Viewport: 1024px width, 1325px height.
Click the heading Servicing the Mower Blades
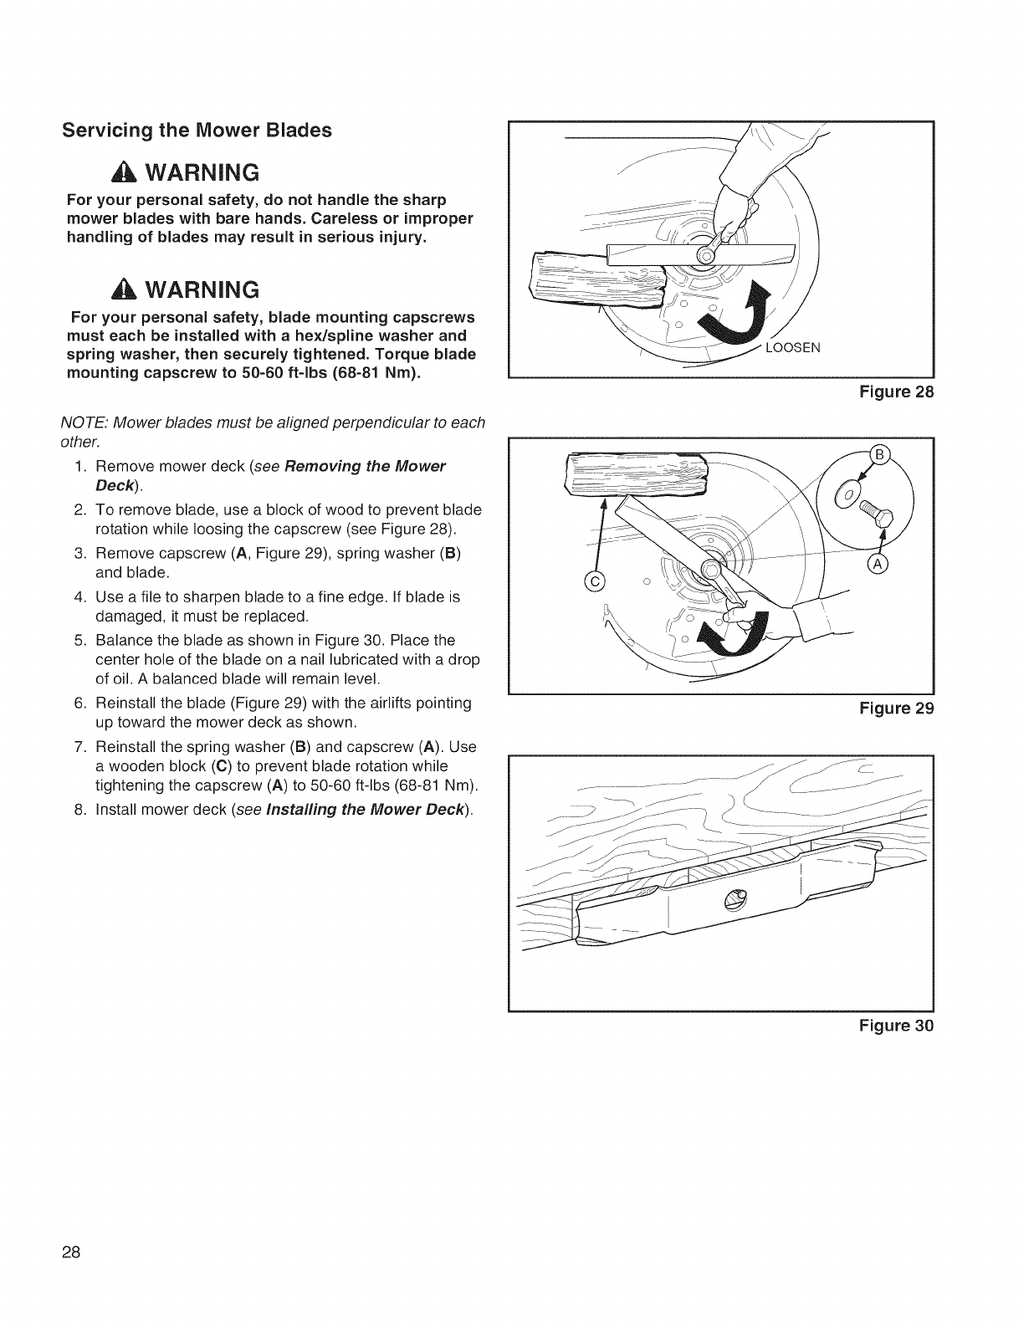197,130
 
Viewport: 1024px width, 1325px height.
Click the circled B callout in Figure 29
878,455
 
